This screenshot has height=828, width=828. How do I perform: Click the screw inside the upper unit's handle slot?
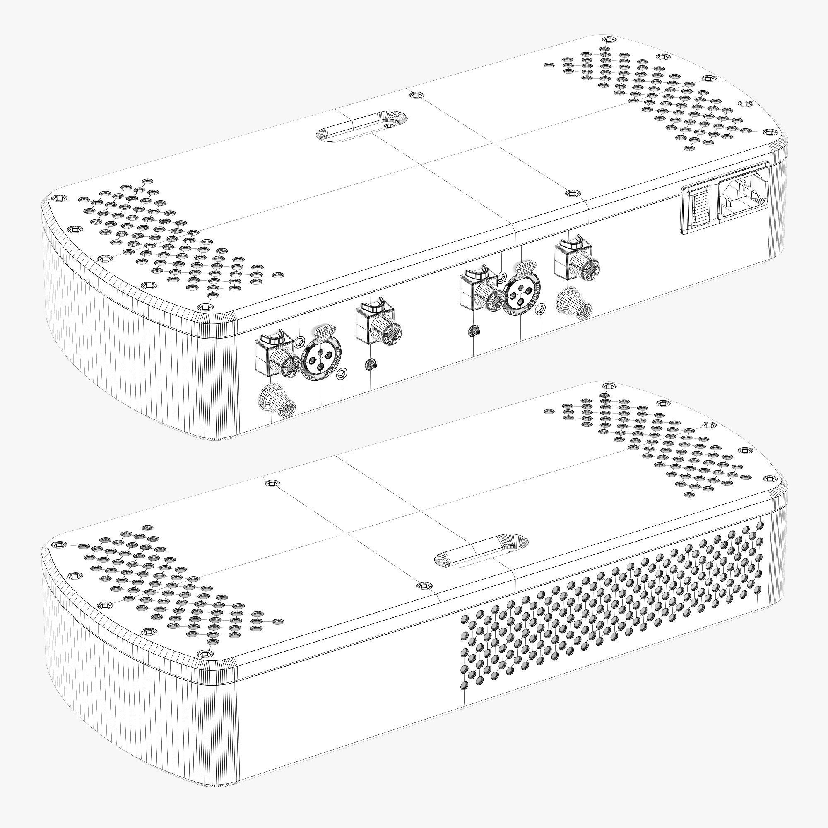[389, 126]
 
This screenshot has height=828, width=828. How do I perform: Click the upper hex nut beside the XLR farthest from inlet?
[299, 341]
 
